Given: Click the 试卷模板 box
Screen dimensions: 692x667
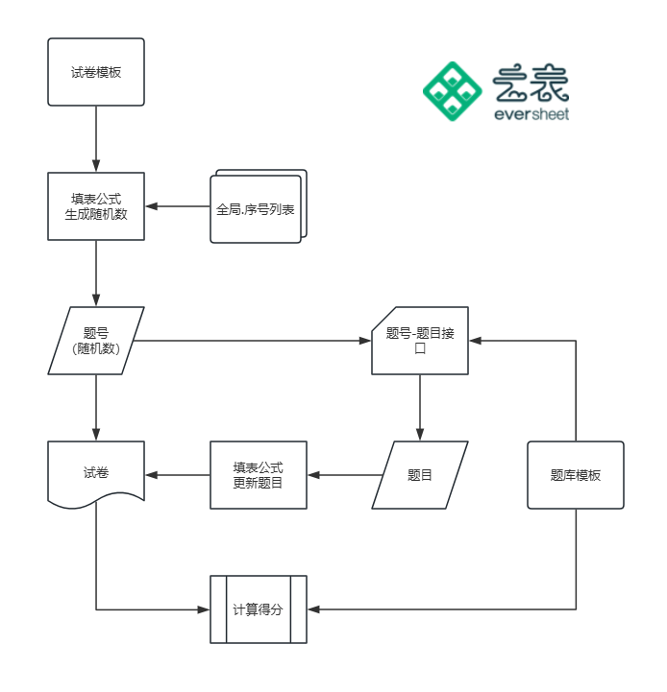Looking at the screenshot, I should (x=96, y=72).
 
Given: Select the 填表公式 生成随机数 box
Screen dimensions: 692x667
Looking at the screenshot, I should (x=96, y=206).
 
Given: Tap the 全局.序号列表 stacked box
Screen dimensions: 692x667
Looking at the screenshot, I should (x=257, y=206).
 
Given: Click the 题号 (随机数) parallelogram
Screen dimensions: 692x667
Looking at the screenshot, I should (x=96, y=341).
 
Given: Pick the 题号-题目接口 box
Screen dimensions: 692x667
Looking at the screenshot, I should (x=419, y=341).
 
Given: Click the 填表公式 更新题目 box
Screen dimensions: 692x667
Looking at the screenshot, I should (x=258, y=475).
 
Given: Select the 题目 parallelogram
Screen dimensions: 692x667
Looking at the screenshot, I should (x=419, y=475).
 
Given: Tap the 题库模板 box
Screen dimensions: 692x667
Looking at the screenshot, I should (x=576, y=475).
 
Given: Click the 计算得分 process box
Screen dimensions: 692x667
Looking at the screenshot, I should (x=258, y=609).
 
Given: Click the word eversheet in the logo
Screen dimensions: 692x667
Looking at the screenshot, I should (x=531, y=114).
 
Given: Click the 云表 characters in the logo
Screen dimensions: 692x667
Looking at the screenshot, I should (x=531, y=84).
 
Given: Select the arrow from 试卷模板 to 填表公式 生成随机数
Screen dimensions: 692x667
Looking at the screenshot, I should (x=96, y=139).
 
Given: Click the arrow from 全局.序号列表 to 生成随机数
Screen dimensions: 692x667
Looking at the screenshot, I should (x=178, y=206).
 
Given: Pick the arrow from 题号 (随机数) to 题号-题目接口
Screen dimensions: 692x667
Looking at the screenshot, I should (x=255, y=341).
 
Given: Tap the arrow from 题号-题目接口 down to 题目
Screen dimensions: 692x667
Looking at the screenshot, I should (x=419, y=408).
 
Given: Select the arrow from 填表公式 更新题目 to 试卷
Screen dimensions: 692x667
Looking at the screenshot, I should (x=178, y=475).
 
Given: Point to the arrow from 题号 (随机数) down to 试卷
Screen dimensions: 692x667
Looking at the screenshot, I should (x=96, y=408).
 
